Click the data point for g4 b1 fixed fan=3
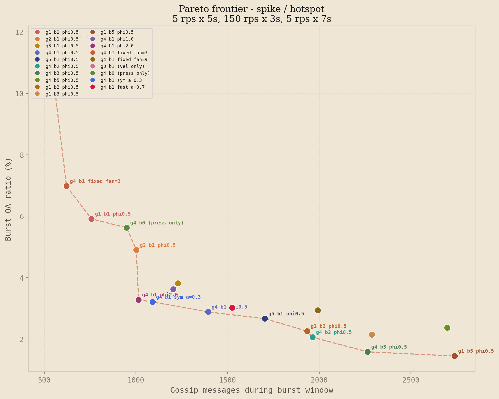tap(66, 186)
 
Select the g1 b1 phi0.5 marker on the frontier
tap(91, 219)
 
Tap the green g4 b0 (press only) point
tap(127, 228)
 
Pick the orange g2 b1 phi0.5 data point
tap(136, 250)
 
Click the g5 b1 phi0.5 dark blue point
tap(265, 319)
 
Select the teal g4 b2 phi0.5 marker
tap(312, 337)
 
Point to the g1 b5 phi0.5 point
tap(455, 356)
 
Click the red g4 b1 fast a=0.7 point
tap(232, 308)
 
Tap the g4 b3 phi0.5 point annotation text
tap(389, 347)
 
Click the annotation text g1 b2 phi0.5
tap(328, 326)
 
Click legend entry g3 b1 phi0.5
tap(62, 46)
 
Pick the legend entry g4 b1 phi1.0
tap(117, 39)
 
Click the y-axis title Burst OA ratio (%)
tap(8, 199)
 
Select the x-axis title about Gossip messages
tap(251, 390)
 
